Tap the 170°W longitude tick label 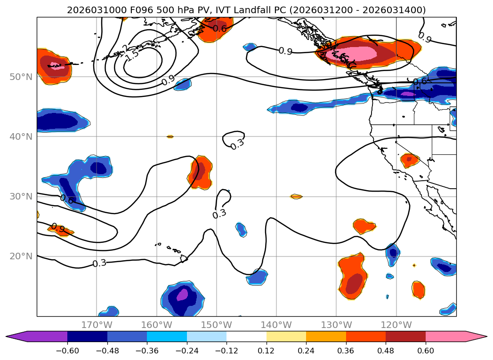click(x=97, y=325)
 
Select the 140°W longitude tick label click(x=276, y=325)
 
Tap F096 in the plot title click(x=125, y=9)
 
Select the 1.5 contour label click(x=132, y=54)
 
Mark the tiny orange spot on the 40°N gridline click(x=170, y=136)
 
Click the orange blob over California click(x=409, y=160)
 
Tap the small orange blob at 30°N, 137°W click(x=296, y=196)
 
